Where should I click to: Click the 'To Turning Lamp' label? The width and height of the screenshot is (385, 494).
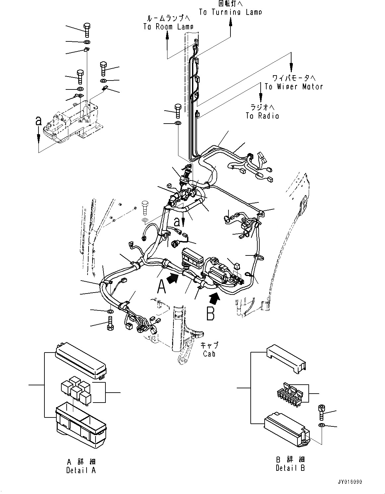(230, 12)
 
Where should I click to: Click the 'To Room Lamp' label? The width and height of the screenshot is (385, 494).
(168, 27)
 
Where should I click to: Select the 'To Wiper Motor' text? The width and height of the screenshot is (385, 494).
(293, 87)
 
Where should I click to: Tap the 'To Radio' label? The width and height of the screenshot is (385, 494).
(262, 116)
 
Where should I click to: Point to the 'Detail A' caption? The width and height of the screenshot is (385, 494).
(81, 470)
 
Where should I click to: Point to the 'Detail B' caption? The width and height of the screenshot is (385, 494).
(290, 468)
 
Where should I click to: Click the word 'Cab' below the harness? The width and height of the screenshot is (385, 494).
(209, 354)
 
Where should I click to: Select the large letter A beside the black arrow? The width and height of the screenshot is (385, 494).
(161, 287)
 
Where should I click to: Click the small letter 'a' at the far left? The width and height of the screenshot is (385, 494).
(39, 121)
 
